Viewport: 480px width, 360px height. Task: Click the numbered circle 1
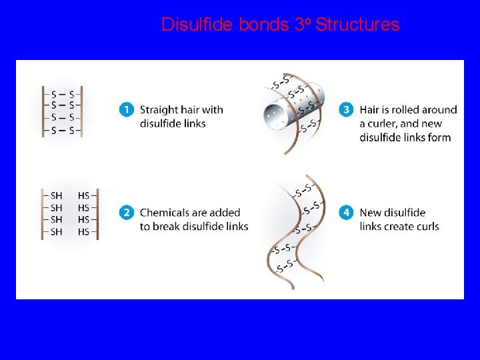(126, 109)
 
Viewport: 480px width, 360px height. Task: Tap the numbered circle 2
(126, 213)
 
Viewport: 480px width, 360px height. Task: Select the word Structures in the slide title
(357, 25)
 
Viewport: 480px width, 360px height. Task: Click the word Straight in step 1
(159, 110)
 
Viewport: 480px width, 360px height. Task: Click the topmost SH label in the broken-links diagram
(57, 195)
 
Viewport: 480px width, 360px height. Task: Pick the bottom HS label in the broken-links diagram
(83, 231)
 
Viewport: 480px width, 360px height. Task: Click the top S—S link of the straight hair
(62, 93)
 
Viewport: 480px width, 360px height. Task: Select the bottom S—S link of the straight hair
(62, 131)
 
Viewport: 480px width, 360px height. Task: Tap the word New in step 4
(371, 213)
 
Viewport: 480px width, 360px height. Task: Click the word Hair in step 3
(370, 110)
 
